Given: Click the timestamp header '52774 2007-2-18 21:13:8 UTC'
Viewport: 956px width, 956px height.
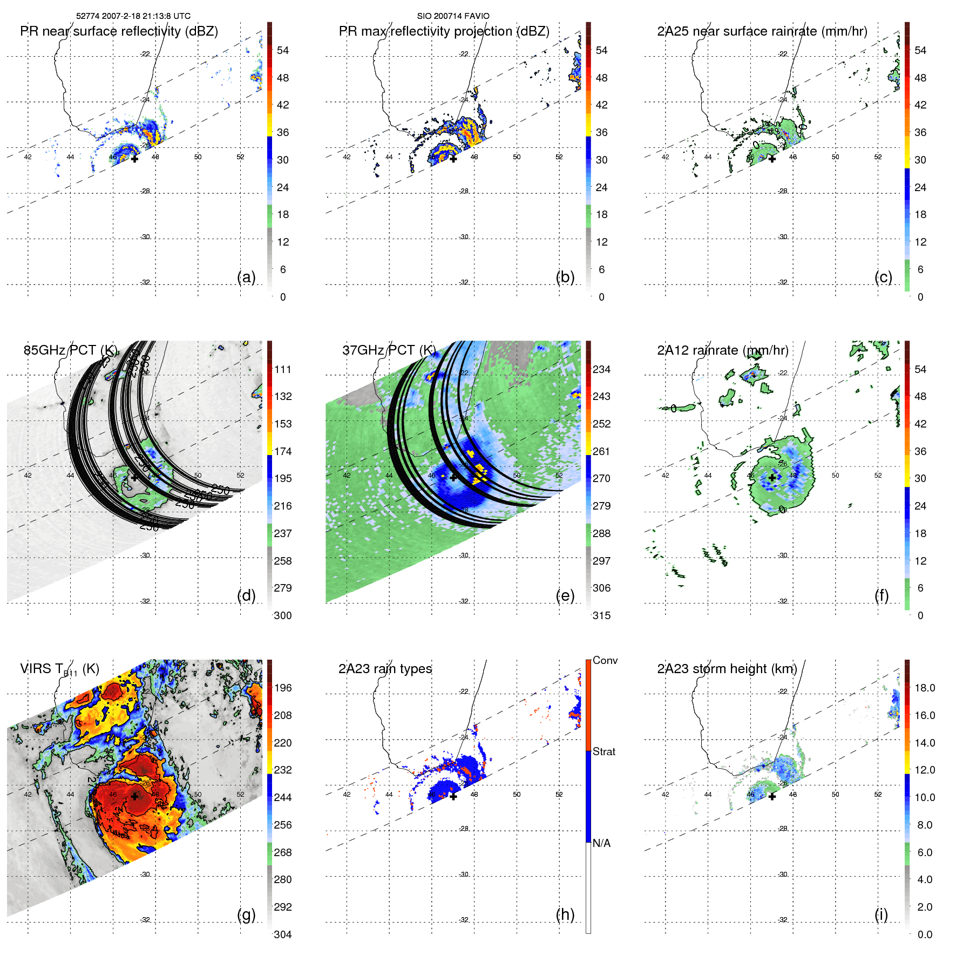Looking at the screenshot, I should coord(133,16).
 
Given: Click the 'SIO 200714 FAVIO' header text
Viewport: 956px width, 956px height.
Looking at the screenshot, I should coord(453,16).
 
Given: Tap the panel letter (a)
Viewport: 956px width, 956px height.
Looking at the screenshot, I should coord(246,277).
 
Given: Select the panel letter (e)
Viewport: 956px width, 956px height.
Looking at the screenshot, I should coord(565,595).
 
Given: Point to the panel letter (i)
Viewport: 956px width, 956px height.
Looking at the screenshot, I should coord(881,914).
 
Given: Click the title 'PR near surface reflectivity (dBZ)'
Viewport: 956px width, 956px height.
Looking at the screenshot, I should coord(119,31).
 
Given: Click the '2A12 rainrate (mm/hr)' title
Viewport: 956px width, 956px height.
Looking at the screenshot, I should coord(722,350).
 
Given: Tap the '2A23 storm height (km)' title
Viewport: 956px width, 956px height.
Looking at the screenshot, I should coord(727,669).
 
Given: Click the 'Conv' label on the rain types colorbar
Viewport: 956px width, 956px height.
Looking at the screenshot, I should coord(605,661).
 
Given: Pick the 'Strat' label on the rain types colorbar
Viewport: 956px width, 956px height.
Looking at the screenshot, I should coord(604,752).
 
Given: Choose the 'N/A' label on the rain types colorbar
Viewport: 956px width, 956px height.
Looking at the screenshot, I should coord(602,843).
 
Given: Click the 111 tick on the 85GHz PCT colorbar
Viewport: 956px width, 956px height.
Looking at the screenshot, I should coord(283,370).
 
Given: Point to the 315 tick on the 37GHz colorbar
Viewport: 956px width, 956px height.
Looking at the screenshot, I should coord(601,616).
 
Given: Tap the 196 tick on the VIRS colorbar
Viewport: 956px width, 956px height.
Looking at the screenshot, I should coord(283,688).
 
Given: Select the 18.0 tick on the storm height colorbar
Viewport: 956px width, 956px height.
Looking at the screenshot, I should coord(925,688).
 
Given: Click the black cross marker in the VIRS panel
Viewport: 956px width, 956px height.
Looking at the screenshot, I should coord(134,796).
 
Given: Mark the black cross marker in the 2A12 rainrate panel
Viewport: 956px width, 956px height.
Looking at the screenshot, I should coord(772,478).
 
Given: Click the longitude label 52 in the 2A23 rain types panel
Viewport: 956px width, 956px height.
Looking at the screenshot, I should coord(559,795).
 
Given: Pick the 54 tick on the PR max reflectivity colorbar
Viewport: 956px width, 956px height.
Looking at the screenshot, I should coord(601,51).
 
